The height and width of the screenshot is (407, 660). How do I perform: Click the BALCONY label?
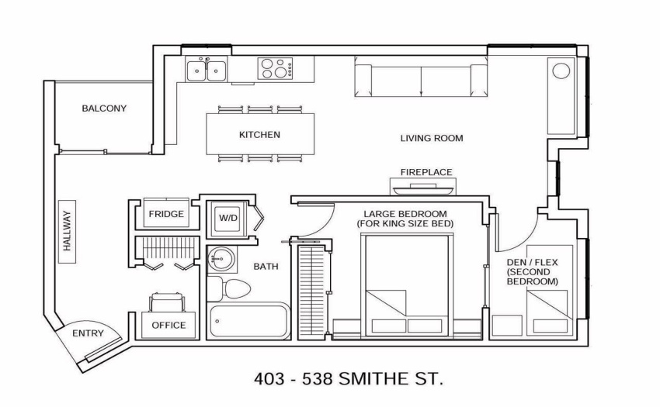coord(104,109)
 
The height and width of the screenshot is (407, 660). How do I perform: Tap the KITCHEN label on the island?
coord(259,135)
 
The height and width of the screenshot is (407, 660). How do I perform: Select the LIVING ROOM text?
coord(432,138)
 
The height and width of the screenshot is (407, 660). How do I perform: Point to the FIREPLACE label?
coord(426,172)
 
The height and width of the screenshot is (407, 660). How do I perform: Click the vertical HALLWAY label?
coord(67,231)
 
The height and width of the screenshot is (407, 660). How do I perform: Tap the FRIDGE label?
coord(166,214)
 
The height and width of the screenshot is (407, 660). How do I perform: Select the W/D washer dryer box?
coord(228,218)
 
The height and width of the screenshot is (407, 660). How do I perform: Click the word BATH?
coord(266,267)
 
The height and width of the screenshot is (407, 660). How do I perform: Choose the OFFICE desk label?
coord(168,325)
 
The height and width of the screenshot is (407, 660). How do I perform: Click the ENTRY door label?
coord(88,333)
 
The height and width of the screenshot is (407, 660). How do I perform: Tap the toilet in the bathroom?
coord(229,289)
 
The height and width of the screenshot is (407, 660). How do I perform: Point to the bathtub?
coord(248,321)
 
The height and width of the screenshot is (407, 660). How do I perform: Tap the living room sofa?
coord(421,81)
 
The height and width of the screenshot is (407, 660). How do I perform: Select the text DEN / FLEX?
coord(532,263)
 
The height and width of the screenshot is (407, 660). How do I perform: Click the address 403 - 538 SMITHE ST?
coord(349,379)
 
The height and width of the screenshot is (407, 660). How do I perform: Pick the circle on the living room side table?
coord(561,71)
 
